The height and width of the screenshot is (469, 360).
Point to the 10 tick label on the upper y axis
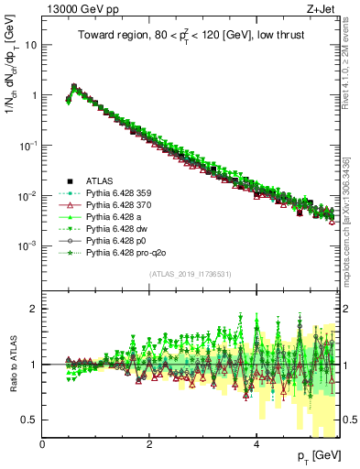click(x=31, y=45)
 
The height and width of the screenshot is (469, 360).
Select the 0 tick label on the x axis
click(x=43, y=445)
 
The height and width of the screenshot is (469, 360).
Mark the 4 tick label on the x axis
click(x=256, y=445)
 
